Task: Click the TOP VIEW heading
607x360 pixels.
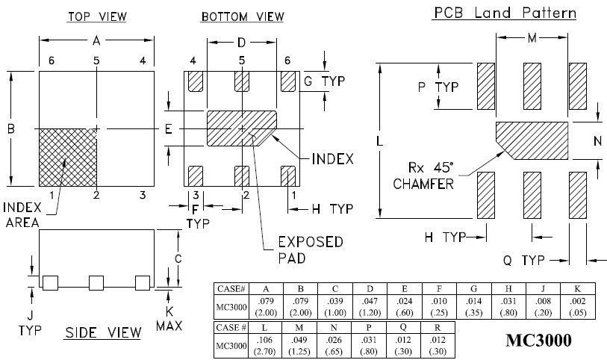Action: (97, 16)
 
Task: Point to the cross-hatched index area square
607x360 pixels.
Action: (67, 158)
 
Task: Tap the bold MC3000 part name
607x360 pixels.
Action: (539, 341)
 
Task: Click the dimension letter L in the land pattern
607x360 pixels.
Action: (380, 140)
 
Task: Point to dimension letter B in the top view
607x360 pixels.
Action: (11, 128)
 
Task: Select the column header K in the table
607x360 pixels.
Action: (577, 289)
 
